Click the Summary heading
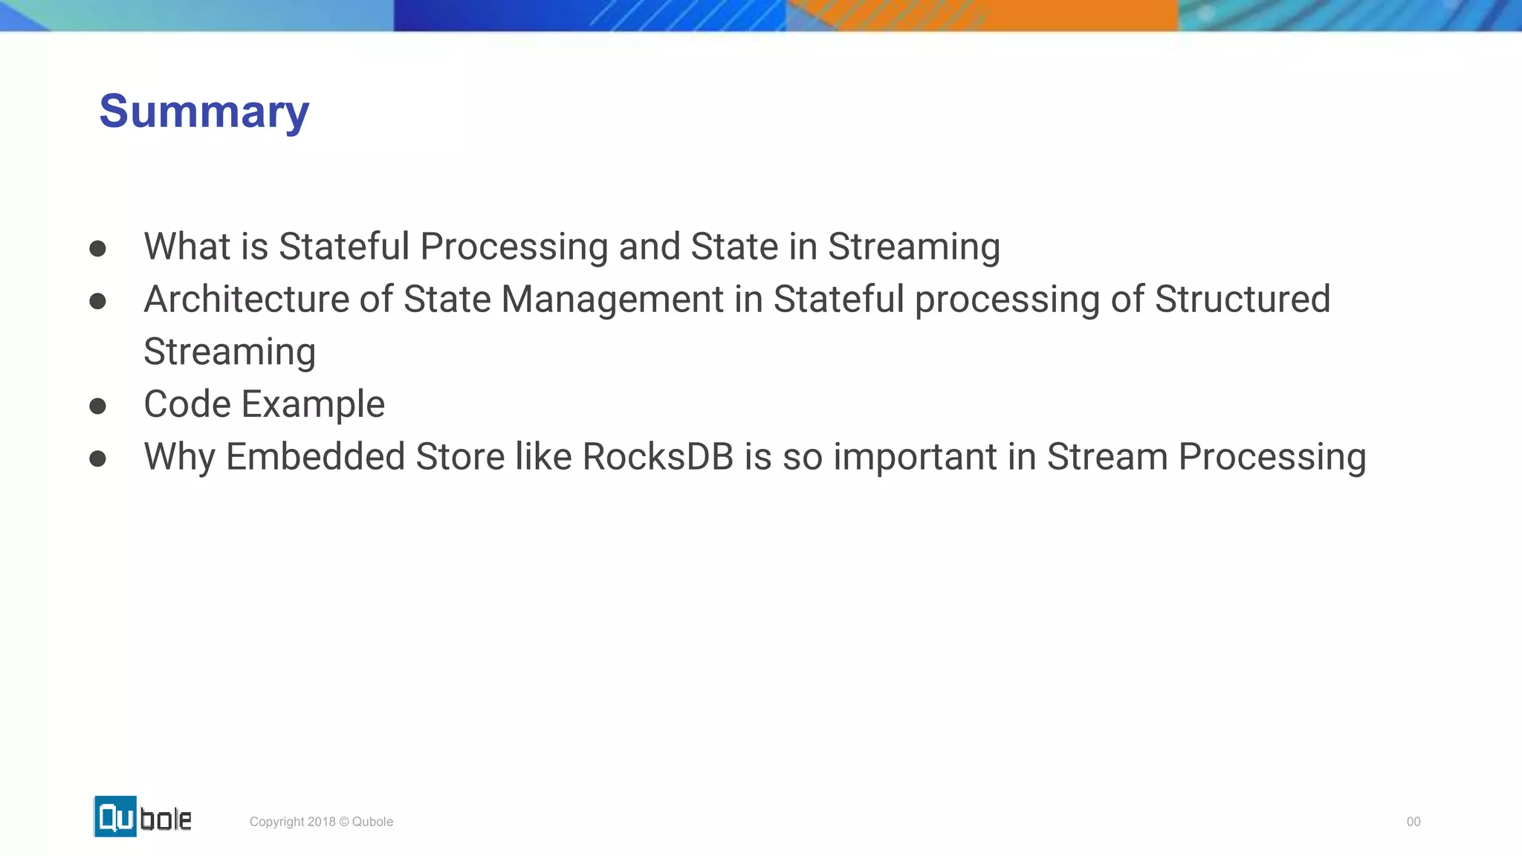[204, 111]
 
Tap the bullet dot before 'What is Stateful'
[97, 247]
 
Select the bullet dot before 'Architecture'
[97, 301]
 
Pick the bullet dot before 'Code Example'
[97, 406]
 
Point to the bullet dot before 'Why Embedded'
[97, 458]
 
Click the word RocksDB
[658, 457]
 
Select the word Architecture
[246, 299]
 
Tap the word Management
[612, 299]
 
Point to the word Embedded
[315, 457]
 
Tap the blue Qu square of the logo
[115, 817]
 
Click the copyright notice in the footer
[321, 822]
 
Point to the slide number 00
[1413, 822]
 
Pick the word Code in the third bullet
[187, 405]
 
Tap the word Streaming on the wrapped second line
[230, 352]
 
